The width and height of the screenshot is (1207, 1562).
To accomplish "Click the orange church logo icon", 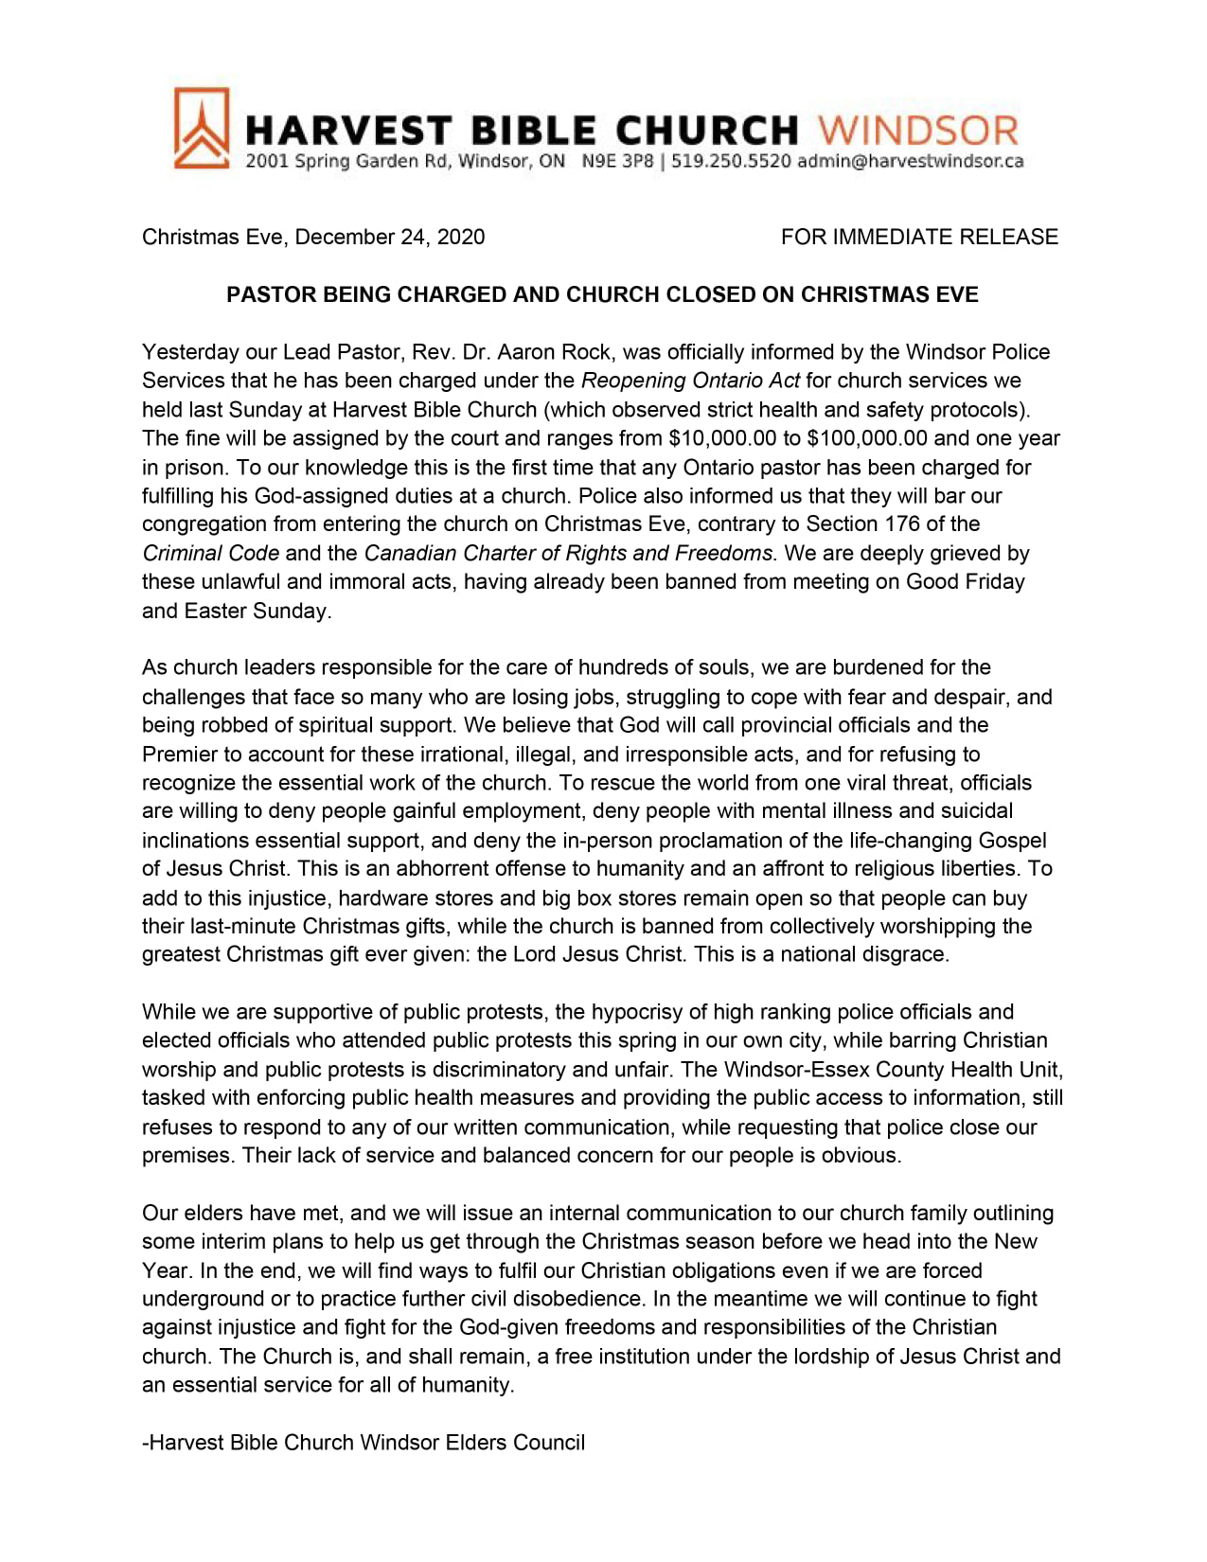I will point(201,129).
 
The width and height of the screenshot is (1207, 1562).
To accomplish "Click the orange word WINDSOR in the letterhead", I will point(917,131).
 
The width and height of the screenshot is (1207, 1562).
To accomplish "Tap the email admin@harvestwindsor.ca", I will point(910,161).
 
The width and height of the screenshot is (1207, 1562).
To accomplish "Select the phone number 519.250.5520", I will point(731,161).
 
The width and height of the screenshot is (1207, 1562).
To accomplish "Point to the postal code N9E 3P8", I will point(617,161).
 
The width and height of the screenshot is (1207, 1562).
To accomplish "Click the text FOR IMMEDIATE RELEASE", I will point(919,237).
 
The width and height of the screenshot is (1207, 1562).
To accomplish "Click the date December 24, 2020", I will point(390,237).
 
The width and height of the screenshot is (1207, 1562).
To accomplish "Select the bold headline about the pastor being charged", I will point(602,294).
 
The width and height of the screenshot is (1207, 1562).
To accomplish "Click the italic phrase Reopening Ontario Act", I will point(690,381).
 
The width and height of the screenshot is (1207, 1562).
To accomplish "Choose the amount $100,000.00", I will point(867,438).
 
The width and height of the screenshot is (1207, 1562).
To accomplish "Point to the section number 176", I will point(902,524).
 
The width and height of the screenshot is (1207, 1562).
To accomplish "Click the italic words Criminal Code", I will point(210,553).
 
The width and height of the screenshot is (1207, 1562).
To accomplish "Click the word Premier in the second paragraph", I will point(178,754).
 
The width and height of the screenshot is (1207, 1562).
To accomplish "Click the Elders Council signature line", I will point(364,1443).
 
